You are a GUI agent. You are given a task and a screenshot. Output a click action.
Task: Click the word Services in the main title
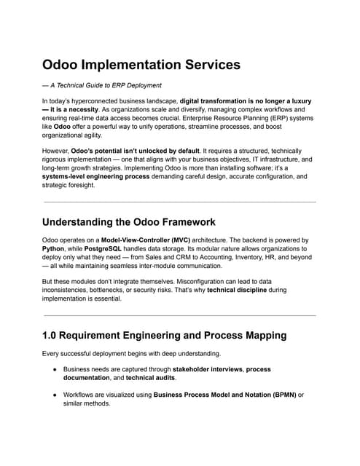204,65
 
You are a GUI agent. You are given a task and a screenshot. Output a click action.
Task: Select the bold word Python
55,249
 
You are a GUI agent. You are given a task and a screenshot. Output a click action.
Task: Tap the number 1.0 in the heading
52,335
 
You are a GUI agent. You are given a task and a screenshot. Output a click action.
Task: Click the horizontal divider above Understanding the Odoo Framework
179,202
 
